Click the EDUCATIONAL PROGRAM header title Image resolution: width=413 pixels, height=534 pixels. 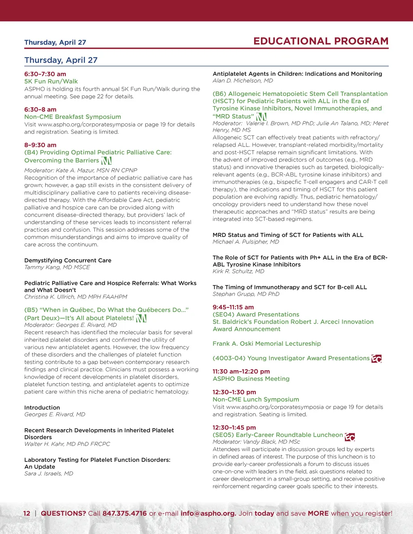coord(321,41)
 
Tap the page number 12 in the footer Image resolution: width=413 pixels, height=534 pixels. coord(27,513)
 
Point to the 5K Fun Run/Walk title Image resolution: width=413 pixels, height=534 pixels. coord(51,81)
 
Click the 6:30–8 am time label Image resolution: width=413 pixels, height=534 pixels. coord(40,110)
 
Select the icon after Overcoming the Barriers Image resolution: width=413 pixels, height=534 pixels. coord(106,160)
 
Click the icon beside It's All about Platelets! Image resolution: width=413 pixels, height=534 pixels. coord(141,318)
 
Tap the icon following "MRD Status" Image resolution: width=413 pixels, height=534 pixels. coord(261,116)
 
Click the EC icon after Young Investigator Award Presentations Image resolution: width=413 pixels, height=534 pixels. coord(376,358)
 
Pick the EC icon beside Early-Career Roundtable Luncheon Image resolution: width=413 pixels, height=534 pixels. coord(350,436)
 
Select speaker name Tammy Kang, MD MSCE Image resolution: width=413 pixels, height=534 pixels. coord(57,267)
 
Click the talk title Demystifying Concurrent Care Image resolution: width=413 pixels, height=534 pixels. coord(68,260)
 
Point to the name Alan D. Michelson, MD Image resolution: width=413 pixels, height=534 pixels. coord(243,81)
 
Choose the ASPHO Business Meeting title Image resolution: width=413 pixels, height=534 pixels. coord(251,379)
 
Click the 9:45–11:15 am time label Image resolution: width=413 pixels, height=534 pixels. coord(233,307)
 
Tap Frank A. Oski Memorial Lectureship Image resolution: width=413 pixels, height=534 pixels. coord(267,344)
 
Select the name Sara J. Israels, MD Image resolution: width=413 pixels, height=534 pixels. coord(49,474)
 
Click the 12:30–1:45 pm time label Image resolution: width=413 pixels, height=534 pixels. coord(234,428)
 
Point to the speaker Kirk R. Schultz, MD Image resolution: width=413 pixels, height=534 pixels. coord(238,271)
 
